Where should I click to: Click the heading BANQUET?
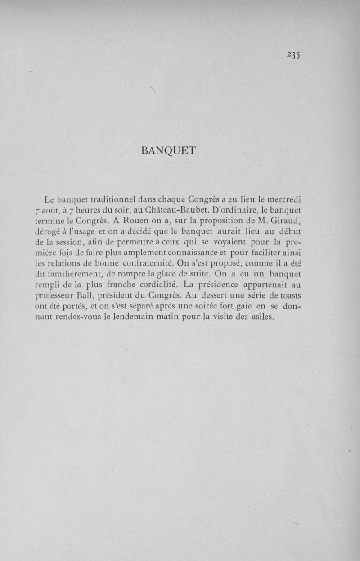(x=168, y=151)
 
